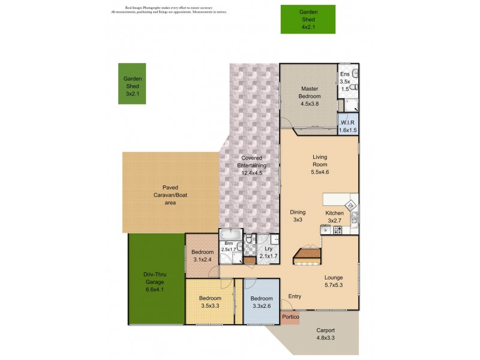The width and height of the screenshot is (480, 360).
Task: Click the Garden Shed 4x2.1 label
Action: [308, 19]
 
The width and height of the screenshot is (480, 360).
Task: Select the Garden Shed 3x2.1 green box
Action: [131, 83]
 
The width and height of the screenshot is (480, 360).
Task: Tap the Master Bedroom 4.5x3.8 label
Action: [310, 95]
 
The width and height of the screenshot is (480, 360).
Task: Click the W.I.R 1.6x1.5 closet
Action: [348, 127]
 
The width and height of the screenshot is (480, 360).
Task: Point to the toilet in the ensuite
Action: [355, 74]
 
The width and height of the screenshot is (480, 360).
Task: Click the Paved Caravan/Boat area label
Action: [163, 195]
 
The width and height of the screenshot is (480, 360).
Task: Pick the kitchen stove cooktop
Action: [338, 230]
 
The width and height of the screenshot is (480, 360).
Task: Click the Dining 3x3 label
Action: [298, 216]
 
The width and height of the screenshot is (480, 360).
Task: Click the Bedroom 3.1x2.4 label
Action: [203, 256]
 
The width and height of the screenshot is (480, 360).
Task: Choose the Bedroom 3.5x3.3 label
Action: [210, 302]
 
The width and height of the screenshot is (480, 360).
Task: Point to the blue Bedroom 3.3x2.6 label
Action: [262, 302]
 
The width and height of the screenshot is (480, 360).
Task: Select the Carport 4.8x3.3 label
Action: [325, 334]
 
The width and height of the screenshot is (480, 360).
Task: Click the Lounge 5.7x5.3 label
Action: [333, 281]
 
